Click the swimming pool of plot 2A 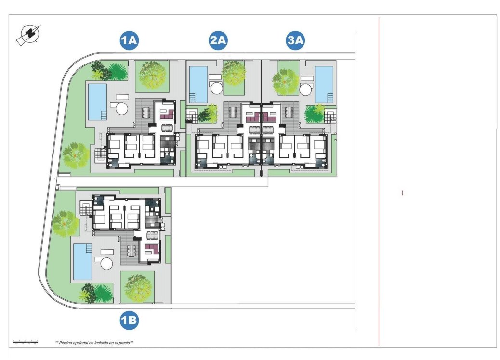[198, 84]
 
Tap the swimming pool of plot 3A [324, 84]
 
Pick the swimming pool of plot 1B [82, 261]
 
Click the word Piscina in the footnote [67, 343]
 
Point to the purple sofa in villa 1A [167, 115]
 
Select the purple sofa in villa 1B [152, 248]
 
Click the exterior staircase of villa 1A [100, 154]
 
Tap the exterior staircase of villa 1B [86, 210]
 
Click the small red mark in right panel [402, 193]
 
